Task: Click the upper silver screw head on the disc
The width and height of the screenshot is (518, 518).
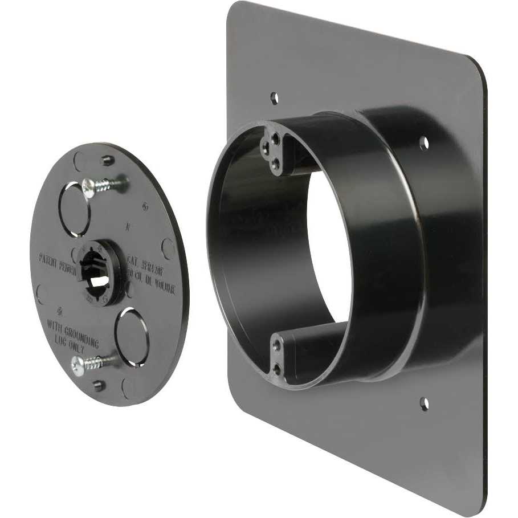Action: pos(89,186)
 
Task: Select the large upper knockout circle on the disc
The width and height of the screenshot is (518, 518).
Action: pos(76,209)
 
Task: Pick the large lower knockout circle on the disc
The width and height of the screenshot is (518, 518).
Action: pos(132,337)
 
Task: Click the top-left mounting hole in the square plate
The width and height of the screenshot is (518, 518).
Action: pos(274,97)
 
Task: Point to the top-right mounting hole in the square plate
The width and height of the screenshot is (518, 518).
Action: pos(423,143)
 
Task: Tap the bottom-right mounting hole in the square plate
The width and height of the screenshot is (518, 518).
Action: pos(424,403)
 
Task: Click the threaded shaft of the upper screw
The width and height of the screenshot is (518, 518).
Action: pos(111,183)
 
